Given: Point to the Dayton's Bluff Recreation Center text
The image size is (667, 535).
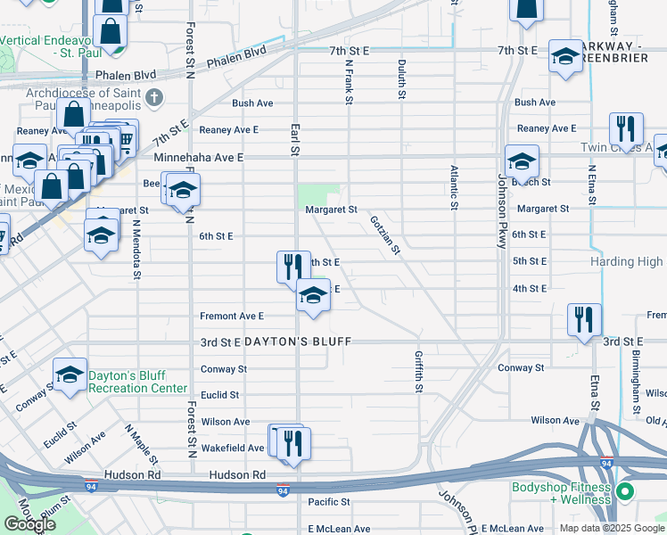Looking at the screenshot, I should [138, 382].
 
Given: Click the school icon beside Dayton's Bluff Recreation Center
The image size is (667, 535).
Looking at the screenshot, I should [70, 375].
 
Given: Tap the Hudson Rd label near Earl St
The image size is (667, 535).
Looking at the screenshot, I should [237, 475].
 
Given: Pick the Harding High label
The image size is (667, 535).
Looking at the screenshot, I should [627, 262].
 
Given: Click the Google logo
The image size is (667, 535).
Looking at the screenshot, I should [29, 524].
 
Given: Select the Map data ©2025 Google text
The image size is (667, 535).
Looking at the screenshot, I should [612, 527].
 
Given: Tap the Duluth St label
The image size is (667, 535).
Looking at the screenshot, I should [402, 80].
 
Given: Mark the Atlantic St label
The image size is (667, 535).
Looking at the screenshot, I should [454, 187].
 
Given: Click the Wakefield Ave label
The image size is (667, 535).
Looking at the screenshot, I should [231, 448].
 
